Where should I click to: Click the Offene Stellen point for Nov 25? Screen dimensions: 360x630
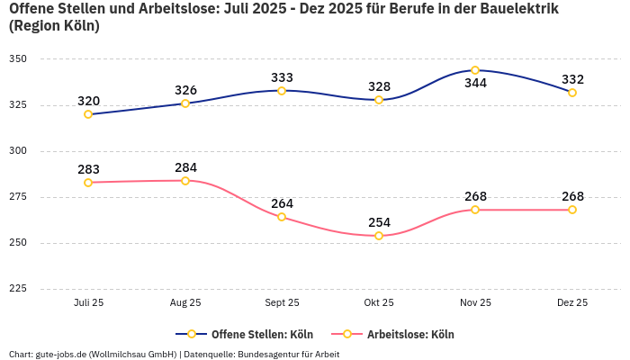click(475, 70)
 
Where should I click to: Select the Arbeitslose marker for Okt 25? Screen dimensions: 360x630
click(379, 236)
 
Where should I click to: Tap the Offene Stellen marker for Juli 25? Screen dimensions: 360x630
click(88, 114)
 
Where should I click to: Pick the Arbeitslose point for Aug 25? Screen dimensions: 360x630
click(185, 181)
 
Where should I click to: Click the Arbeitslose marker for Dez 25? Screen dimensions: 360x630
click(572, 210)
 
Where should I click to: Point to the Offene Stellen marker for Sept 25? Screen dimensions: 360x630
click(282, 91)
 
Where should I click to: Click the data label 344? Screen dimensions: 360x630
click(475, 84)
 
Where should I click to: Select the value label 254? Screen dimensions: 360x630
click(379, 222)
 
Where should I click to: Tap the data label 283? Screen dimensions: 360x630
click(88, 169)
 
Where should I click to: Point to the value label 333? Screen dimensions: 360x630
click(282, 77)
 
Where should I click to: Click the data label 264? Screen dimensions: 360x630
click(282, 203)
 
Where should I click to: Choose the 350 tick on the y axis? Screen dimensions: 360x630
click(18, 59)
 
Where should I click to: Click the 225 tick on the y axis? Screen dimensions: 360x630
click(18, 289)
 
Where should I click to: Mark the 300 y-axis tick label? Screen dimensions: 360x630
click(18, 151)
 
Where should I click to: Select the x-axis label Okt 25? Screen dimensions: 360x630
click(379, 303)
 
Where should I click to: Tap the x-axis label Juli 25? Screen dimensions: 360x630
click(88, 303)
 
